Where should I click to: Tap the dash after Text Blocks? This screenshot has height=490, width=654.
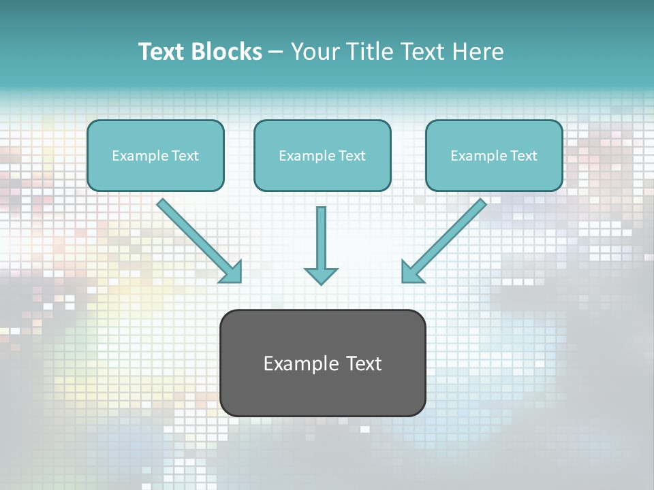click(276, 52)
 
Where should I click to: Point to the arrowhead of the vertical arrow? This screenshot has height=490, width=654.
click(321, 276)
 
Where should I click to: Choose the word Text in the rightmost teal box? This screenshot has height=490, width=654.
click(523, 156)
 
